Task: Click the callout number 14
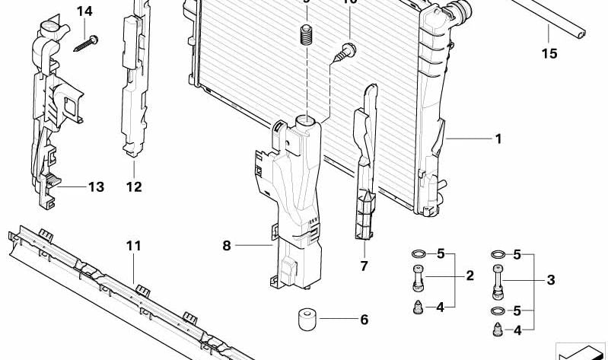(84, 11)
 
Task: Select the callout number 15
(549, 53)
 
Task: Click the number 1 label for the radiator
(498, 139)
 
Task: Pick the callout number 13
(96, 186)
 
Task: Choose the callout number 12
(134, 186)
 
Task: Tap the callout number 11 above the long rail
(134, 246)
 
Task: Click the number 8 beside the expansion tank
(226, 245)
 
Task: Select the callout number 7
(364, 266)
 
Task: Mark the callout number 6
(364, 320)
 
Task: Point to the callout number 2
(470, 275)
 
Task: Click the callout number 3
(550, 281)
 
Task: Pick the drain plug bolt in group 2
(418, 276)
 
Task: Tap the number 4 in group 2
(440, 307)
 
